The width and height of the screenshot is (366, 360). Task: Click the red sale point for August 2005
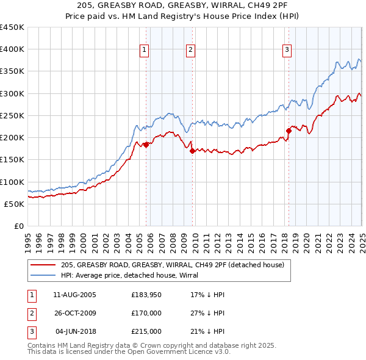pos(146,145)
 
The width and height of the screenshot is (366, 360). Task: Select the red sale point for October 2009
pos(192,151)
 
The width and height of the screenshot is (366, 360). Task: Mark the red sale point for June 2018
pos(289,130)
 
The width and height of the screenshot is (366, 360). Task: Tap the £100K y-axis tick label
pos(12,182)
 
